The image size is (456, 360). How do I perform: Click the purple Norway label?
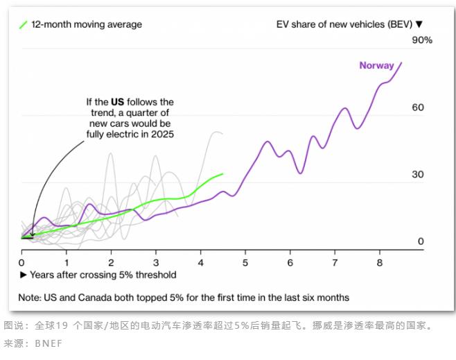tap(376, 66)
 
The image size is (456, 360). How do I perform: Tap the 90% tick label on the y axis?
tap(422, 40)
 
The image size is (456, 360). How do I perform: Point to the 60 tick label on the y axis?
tap(418, 108)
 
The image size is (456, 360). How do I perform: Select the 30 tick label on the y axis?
tap(418, 174)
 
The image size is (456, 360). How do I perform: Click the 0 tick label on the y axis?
tap(421, 241)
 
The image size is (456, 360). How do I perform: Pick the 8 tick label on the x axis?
tap(379, 263)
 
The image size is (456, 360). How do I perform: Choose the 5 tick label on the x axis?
tap(245, 263)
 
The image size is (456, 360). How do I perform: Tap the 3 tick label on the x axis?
tap(155, 263)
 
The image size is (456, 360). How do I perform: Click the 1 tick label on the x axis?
tap(67, 263)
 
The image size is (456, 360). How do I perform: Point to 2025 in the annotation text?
tap(161, 134)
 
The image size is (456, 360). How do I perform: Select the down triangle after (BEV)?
tap(419, 25)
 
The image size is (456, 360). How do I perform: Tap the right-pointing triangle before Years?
tap(23, 275)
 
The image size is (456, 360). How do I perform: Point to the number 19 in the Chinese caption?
tap(61, 325)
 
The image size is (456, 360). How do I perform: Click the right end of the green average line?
tap(223, 173)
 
